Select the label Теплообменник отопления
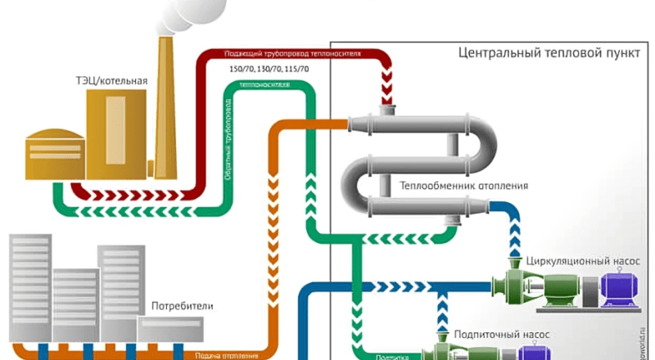[x=463, y=186]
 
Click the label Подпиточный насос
[x=492, y=335]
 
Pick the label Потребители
[x=182, y=306]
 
